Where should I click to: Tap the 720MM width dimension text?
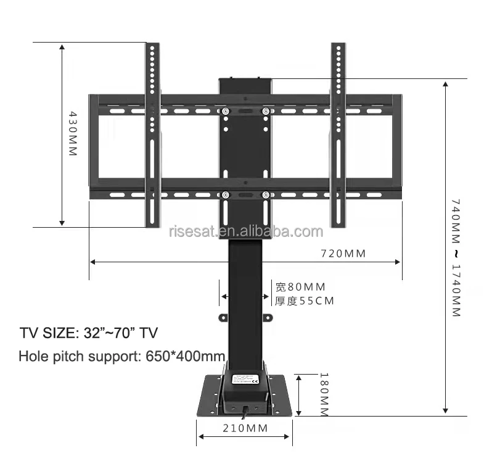click(x=343, y=254)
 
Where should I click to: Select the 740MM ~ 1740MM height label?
click(x=456, y=257)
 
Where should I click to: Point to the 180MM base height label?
click(x=323, y=394)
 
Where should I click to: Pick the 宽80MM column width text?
click(x=300, y=287)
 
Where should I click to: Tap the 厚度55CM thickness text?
click(x=304, y=302)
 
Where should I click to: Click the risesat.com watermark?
click(x=245, y=232)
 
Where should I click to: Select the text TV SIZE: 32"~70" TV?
click(x=89, y=333)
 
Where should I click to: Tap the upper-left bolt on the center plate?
click(x=226, y=111)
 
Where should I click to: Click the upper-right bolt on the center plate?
click(x=266, y=111)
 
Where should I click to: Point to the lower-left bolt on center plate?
click(x=226, y=195)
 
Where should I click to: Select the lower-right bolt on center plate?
click(x=266, y=195)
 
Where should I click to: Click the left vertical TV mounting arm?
click(x=152, y=136)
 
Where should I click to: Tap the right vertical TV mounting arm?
click(x=338, y=136)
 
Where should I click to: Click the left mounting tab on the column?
click(x=224, y=318)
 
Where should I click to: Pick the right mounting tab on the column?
click(x=268, y=318)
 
